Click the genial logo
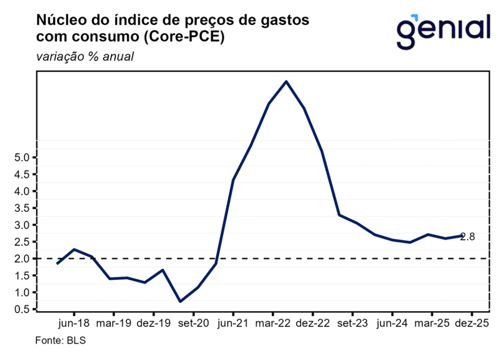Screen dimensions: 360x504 pyautogui.click(x=443, y=30)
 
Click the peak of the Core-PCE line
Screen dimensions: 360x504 pyautogui.click(x=286, y=81)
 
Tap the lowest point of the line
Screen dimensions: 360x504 pyautogui.click(x=180, y=301)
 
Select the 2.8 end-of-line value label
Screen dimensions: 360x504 pyautogui.click(x=468, y=237)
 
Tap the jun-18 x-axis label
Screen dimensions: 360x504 pyautogui.click(x=74, y=324)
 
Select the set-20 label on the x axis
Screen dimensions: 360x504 pyautogui.click(x=193, y=324)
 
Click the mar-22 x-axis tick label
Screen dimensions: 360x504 pyautogui.click(x=273, y=324)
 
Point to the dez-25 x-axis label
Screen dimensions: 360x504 pyautogui.click(x=472, y=324)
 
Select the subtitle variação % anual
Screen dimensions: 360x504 pyautogui.click(x=85, y=57)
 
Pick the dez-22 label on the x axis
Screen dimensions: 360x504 pyautogui.click(x=313, y=324)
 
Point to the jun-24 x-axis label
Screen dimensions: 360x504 pyautogui.click(x=392, y=324)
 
